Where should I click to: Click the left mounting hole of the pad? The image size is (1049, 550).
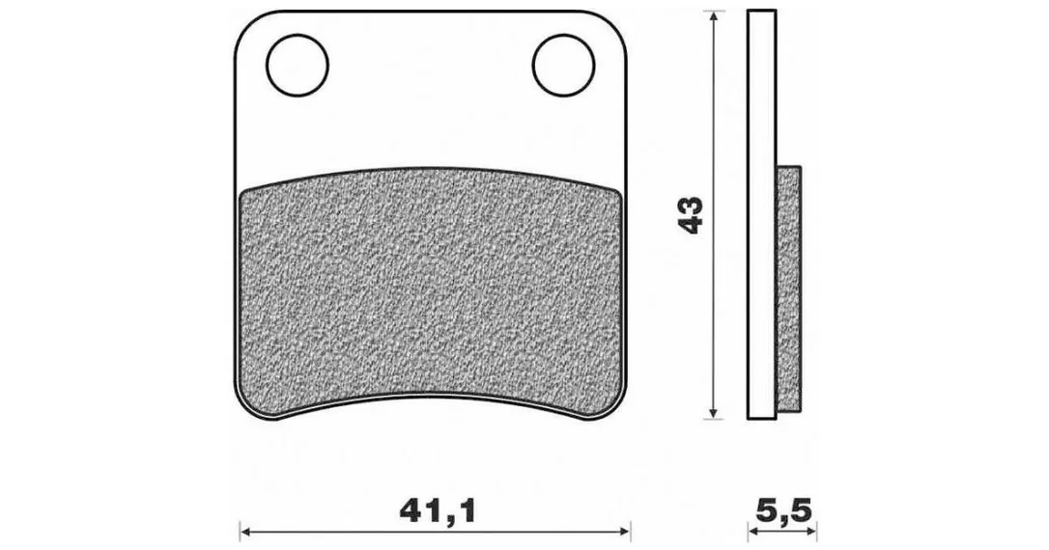point(298,65)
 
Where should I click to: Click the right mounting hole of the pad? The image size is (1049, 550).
point(563,65)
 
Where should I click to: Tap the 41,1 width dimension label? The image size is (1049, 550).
point(438,511)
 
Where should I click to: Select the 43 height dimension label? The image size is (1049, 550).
point(691,214)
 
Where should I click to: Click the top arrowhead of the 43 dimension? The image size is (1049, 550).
point(715,16)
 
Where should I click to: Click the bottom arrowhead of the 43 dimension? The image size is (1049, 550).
point(715,412)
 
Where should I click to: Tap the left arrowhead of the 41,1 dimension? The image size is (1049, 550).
point(246,532)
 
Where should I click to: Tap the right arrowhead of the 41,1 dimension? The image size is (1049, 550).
point(624,532)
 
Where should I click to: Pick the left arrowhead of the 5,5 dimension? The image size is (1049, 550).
point(754,532)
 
